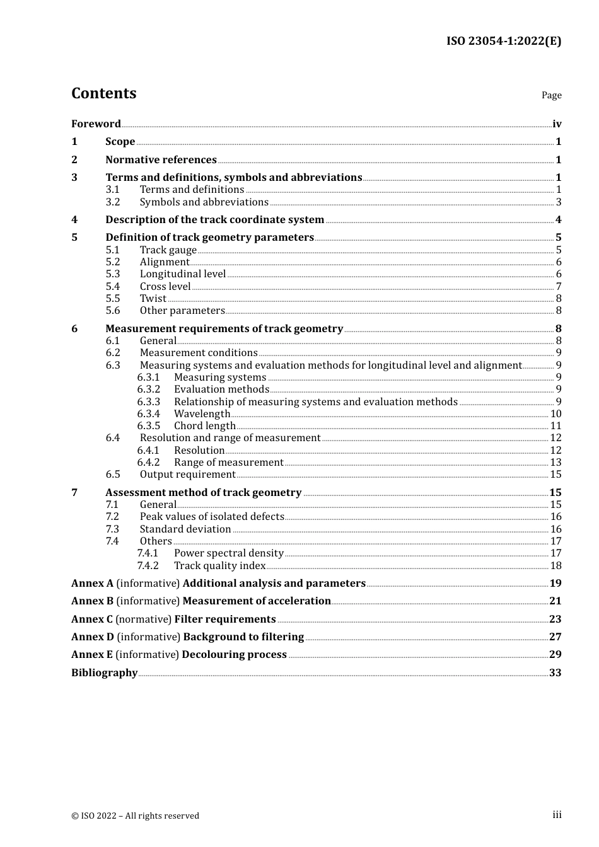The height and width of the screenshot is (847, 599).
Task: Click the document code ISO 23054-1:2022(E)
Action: coord(503,42)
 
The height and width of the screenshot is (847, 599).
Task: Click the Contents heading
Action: coord(103,93)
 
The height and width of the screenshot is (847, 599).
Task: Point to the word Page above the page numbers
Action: coord(551,95)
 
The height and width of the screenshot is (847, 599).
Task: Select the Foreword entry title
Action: coord(96,124)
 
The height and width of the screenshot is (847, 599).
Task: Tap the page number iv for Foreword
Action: coord(557,124)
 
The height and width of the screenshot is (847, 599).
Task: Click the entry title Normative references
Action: coord(161,160)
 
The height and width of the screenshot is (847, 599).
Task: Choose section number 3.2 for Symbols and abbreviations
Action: coord(113,202)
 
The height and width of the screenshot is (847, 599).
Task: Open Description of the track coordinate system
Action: coord(214,220)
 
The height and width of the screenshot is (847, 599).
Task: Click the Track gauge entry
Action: coord(168,250)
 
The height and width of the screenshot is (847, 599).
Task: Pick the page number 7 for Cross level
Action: coord(559,287)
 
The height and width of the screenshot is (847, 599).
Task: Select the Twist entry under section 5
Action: coord(153,299)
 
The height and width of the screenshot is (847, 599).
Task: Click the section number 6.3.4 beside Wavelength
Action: coord(149,414)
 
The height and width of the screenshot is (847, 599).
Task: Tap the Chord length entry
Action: coord(204,426)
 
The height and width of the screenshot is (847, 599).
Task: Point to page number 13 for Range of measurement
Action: coord(555,463)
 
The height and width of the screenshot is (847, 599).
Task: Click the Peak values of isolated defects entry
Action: coord(212,517)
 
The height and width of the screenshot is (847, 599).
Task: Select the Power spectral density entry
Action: coord(228,553)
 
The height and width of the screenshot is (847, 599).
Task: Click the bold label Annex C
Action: coord(92,619)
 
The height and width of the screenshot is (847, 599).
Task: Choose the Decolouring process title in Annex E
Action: coord(234,655)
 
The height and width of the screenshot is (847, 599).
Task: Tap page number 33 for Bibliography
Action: coord(555,673)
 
